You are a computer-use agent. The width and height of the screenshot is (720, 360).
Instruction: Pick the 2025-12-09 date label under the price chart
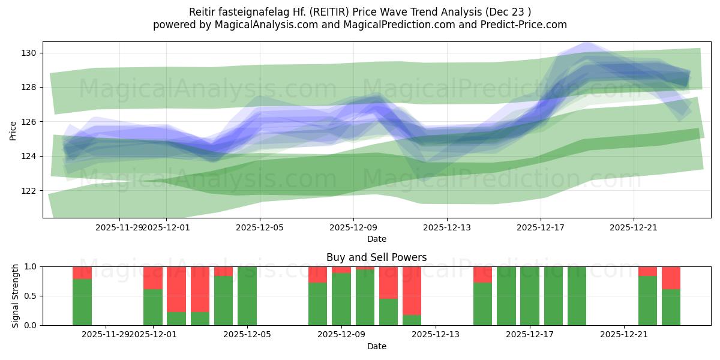coord(353,227)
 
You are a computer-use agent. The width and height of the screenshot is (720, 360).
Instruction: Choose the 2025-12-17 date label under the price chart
coord(541,227)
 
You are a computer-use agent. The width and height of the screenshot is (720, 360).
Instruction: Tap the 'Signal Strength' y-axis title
coord(16,295)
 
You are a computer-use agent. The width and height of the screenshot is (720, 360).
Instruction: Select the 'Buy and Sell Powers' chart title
coord(377,257)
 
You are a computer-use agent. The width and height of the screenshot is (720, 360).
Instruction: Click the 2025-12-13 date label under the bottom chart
coord(436,335)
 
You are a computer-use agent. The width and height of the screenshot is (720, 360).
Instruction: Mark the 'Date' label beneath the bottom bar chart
coord(377,346)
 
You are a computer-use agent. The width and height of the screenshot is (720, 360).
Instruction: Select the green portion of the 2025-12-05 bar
coord(247,296)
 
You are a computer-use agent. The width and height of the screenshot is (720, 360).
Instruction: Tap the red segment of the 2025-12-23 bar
coord(671,278)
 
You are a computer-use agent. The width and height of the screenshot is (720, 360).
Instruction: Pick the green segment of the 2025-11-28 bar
coord(82,302)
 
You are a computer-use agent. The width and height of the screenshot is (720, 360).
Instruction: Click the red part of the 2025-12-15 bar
coord(482,274)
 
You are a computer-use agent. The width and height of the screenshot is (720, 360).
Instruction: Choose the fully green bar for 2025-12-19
coord(577,296)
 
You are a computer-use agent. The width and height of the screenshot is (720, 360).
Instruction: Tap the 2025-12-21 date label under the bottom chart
coord(624,335)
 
